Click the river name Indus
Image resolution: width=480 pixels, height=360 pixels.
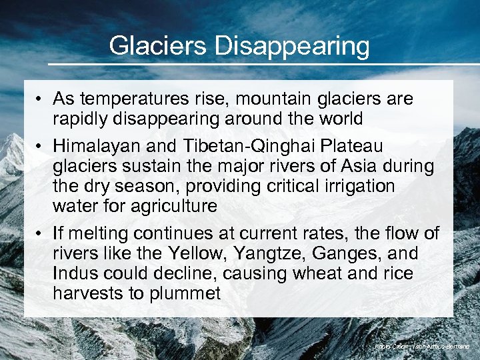point(74,273)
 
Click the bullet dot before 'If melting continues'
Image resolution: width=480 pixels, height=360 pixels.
point(41,233)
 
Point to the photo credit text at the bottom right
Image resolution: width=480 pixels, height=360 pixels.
point(421,347)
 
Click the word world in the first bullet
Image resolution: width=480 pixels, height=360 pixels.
point(336,119)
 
